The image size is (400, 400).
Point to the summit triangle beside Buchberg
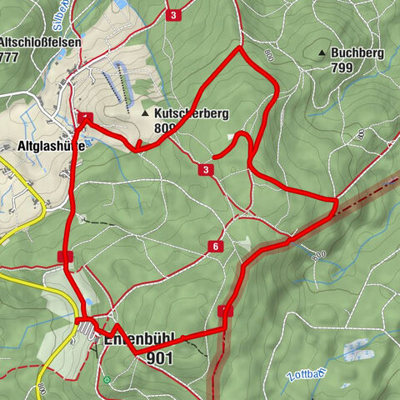(x=322, y=53)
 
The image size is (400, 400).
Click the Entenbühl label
(x=137, y=339)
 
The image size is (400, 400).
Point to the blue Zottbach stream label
(x=302, y=377)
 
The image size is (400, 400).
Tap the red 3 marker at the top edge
(x=172, y=16)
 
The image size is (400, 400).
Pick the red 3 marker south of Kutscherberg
(x=205, y=170)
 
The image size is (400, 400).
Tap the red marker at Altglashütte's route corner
(x=85, y=117)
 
